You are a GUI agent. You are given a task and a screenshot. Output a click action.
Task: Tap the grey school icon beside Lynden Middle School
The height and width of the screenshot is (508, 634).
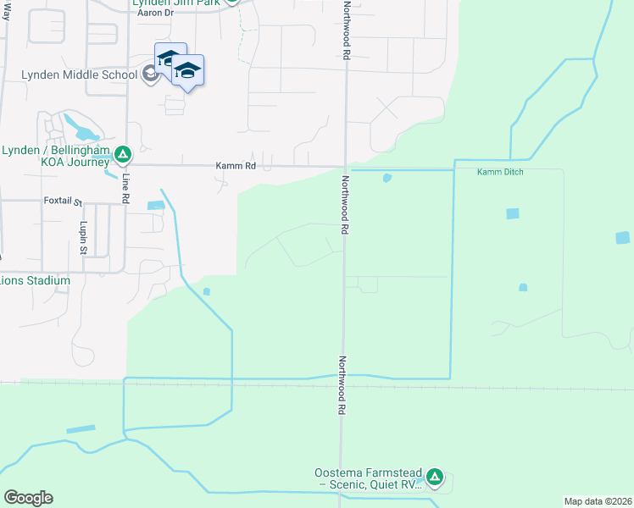point(150,75)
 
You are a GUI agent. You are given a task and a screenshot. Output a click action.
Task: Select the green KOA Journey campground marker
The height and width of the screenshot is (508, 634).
point(123,154)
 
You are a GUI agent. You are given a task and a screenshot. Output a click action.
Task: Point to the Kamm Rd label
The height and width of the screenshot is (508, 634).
point(235,166)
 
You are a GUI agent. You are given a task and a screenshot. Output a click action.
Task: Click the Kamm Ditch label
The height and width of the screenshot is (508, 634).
point(500,172)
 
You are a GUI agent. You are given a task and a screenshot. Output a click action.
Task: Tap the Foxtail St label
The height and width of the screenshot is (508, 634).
point(62,202)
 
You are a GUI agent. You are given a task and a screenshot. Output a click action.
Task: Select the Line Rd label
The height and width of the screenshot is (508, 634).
point(125,187)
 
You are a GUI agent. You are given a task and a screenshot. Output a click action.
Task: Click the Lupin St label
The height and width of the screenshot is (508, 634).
point(83,239)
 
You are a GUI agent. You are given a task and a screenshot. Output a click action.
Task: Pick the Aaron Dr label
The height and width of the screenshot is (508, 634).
point(155,14)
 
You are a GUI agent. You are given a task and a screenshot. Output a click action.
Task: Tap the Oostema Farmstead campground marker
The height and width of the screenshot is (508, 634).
point(435,477)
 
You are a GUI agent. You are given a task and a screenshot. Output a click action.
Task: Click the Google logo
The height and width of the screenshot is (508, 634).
point(28,498)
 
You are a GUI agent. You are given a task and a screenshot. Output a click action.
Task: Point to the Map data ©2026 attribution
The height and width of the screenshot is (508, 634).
point(598,501)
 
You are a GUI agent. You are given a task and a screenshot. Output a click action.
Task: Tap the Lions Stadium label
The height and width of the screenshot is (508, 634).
point(36,280)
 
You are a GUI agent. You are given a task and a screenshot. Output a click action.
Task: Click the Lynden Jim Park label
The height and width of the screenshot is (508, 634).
point(175,3)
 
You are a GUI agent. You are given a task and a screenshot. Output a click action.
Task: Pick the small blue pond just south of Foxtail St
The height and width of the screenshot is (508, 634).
point(155,205)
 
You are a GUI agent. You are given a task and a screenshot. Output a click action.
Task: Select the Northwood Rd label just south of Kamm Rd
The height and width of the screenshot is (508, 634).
point(346,206)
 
